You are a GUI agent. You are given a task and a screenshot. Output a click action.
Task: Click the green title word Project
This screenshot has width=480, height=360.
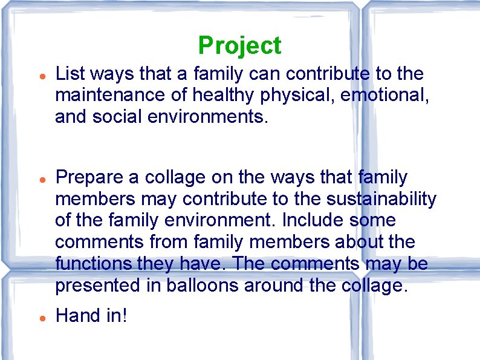click(239, 46)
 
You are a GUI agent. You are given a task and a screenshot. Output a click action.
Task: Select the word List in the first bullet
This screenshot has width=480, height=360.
click(68, 74)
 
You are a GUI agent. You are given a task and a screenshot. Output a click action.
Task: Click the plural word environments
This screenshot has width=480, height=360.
click(205, 117)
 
